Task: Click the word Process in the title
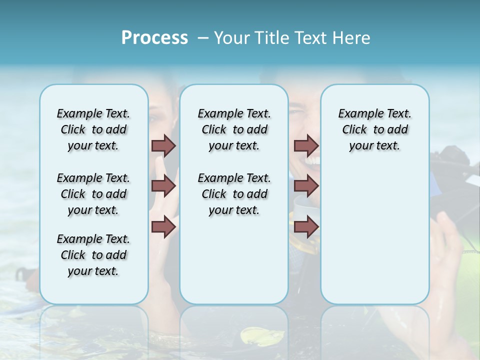coord(154,37)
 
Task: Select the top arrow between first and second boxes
coord(163,145)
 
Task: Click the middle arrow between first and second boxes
coord(163,186)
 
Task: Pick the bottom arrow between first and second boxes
coord(163,226)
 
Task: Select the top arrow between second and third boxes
coord(306,145)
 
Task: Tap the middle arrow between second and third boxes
coord(306,186)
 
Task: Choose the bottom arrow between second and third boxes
coord(306,226)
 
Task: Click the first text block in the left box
coord(93,129)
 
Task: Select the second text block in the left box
coord(93,194)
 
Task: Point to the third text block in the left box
coord(93,255)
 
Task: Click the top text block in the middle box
coord(234,129)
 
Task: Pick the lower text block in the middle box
coord(234,194)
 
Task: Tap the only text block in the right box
coord(374,129)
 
